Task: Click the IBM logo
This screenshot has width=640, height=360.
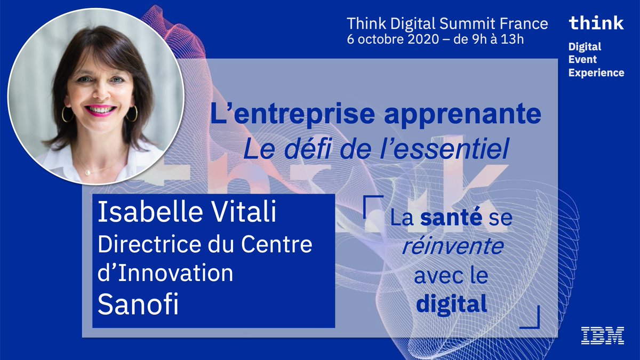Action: coord(603,335)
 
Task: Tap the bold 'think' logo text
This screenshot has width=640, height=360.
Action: coord(596,23)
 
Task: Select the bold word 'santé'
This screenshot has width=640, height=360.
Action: coord(445,218)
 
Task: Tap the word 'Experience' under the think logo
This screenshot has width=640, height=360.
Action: coord(596,73)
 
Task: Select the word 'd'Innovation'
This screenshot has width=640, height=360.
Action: coord(165,274)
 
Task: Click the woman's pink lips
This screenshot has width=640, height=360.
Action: coord(100,110)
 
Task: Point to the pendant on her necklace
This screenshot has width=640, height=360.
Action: coord(88,172)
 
